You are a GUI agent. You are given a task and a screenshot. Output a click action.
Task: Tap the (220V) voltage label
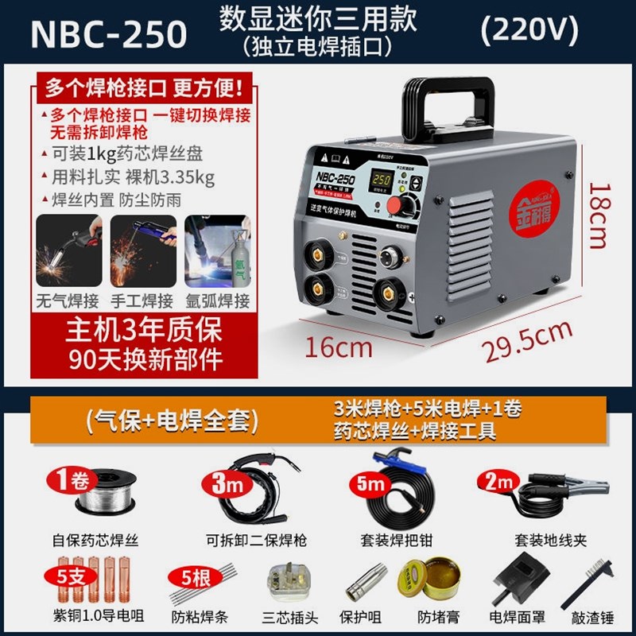529,29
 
